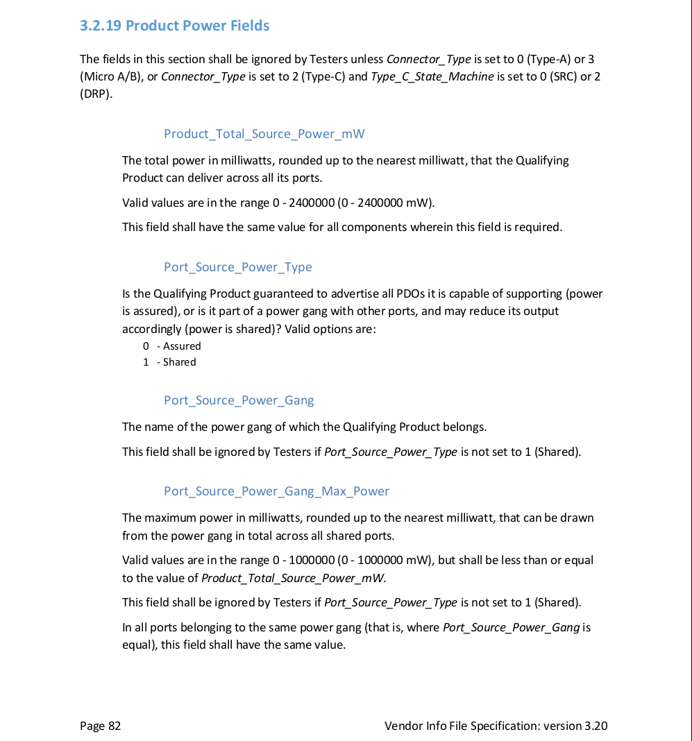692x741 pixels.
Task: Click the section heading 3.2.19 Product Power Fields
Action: click(174, 26)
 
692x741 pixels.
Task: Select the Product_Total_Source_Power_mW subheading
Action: click(264, 134)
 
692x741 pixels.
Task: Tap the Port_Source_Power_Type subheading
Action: click(237, 267)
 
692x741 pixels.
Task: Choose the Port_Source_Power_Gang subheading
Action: click(238, 400)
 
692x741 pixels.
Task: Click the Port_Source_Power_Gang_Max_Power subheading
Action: click(276, 491)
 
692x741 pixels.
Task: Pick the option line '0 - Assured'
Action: click(172, 346)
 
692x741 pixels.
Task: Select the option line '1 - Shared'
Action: click(170, 362)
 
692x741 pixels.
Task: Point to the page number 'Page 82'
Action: click(100, 726)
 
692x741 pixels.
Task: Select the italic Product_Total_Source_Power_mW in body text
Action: click(293, 578)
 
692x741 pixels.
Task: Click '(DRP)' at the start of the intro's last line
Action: click(95, 94)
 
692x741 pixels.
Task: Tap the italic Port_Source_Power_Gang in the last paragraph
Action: click(511, 627)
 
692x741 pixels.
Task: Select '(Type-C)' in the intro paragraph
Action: click(321, 76)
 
